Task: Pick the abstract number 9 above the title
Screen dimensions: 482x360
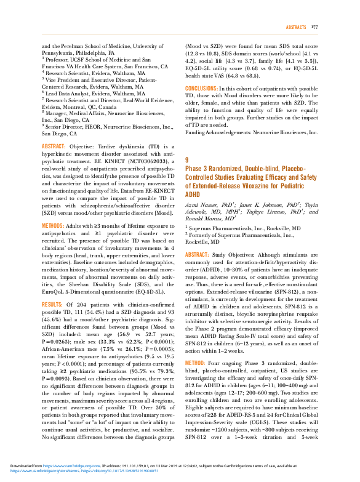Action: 187,160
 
